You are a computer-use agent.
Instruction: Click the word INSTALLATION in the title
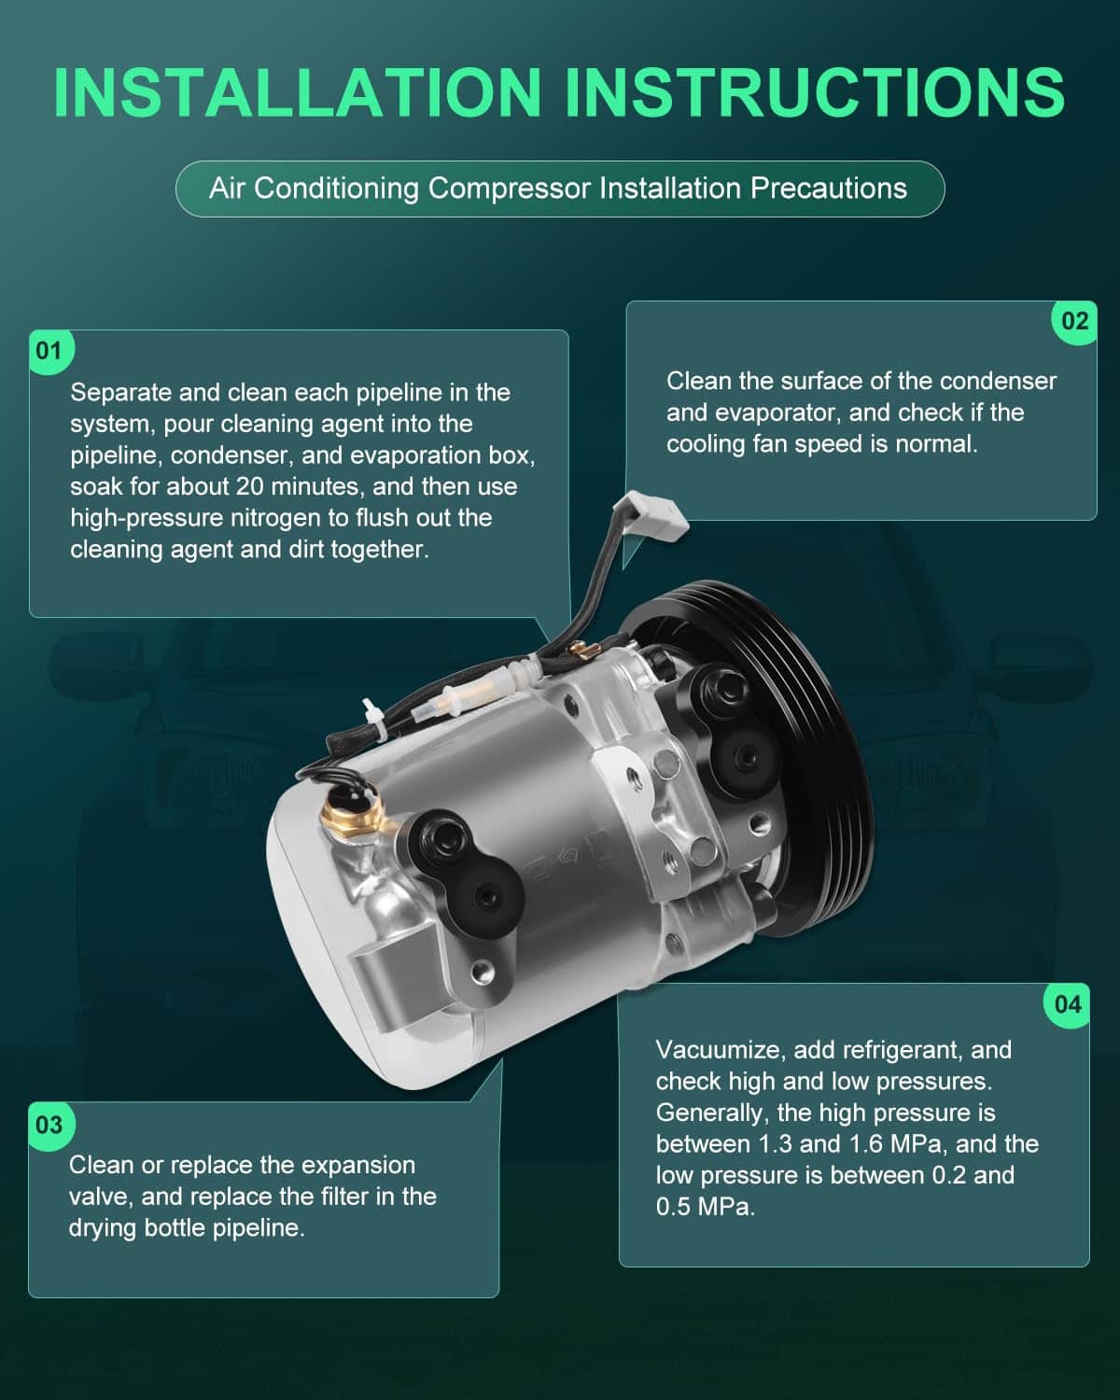point(298,92)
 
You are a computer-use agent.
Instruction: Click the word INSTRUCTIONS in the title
point(815,92)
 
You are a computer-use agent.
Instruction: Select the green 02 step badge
point(1074,321)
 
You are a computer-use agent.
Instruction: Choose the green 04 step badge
point(1068,1004)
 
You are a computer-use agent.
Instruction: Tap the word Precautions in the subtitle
point(829,189)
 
